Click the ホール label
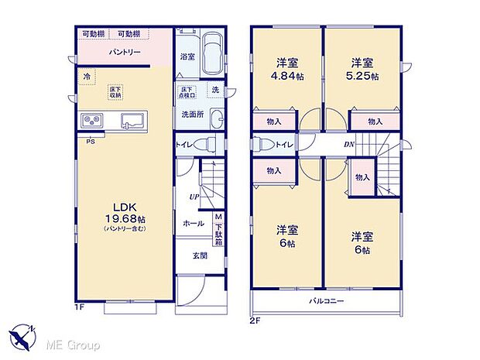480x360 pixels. pos(194,224)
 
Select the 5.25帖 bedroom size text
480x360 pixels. pos(362,76)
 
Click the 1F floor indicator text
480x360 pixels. pos(80,307)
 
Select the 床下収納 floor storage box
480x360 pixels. pos(115,91)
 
